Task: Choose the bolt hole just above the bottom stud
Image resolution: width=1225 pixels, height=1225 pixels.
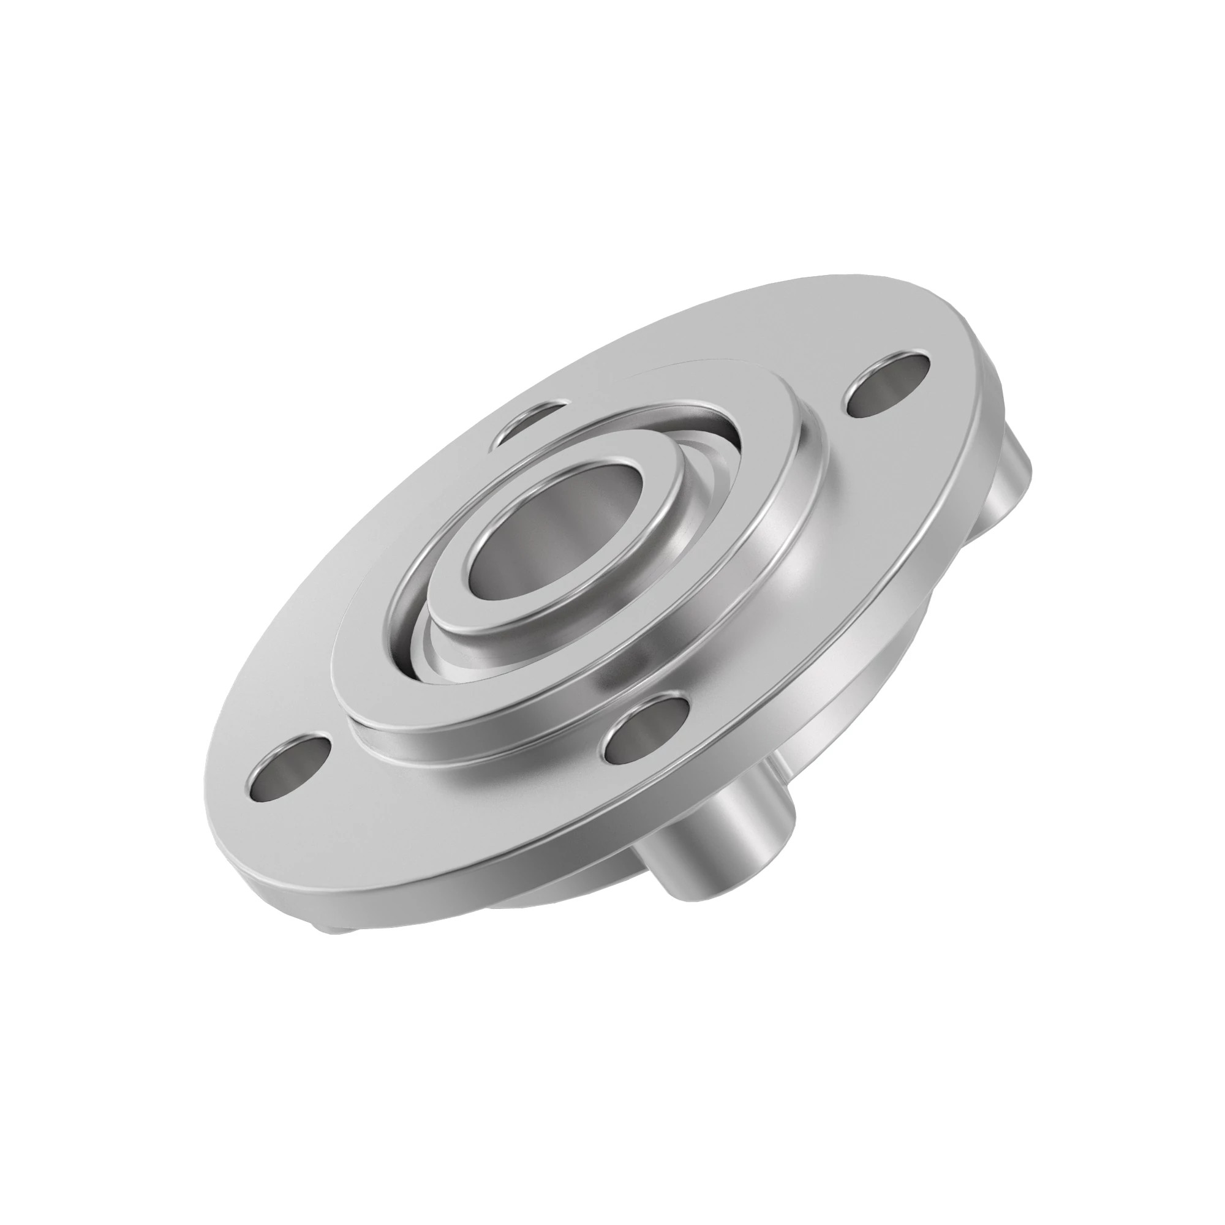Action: coord(647,729)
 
